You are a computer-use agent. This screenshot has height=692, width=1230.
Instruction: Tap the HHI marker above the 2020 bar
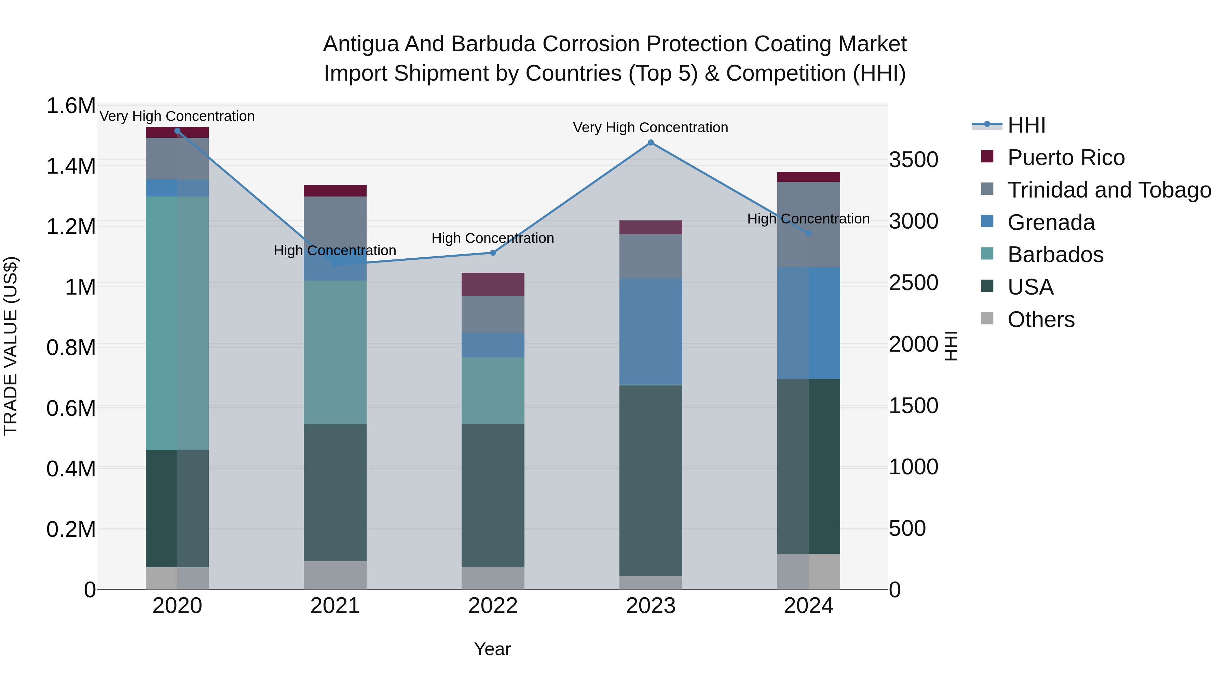[x=177, y=131]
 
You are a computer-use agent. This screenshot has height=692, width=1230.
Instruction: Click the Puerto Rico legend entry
[x=1066, y=158]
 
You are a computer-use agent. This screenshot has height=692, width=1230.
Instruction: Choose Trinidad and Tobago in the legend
[x=1109, y=190]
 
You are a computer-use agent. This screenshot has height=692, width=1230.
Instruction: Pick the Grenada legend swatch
[x=986, y=221]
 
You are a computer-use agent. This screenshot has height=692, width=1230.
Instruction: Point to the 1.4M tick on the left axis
[x=71, y=166]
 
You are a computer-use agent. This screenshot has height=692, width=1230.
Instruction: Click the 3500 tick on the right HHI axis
[x=913, y=160]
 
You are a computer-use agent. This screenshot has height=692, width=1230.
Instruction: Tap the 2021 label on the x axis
[x=335, y=606]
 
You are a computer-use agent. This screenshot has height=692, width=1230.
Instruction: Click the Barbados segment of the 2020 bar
[x=177, y=323]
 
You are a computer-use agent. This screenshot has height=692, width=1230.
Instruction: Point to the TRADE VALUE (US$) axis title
[x=11, y=346]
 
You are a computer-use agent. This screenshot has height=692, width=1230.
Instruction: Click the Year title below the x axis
[x=492, y=649]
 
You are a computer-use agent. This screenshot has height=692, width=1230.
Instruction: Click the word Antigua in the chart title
[x=361, y=44]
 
